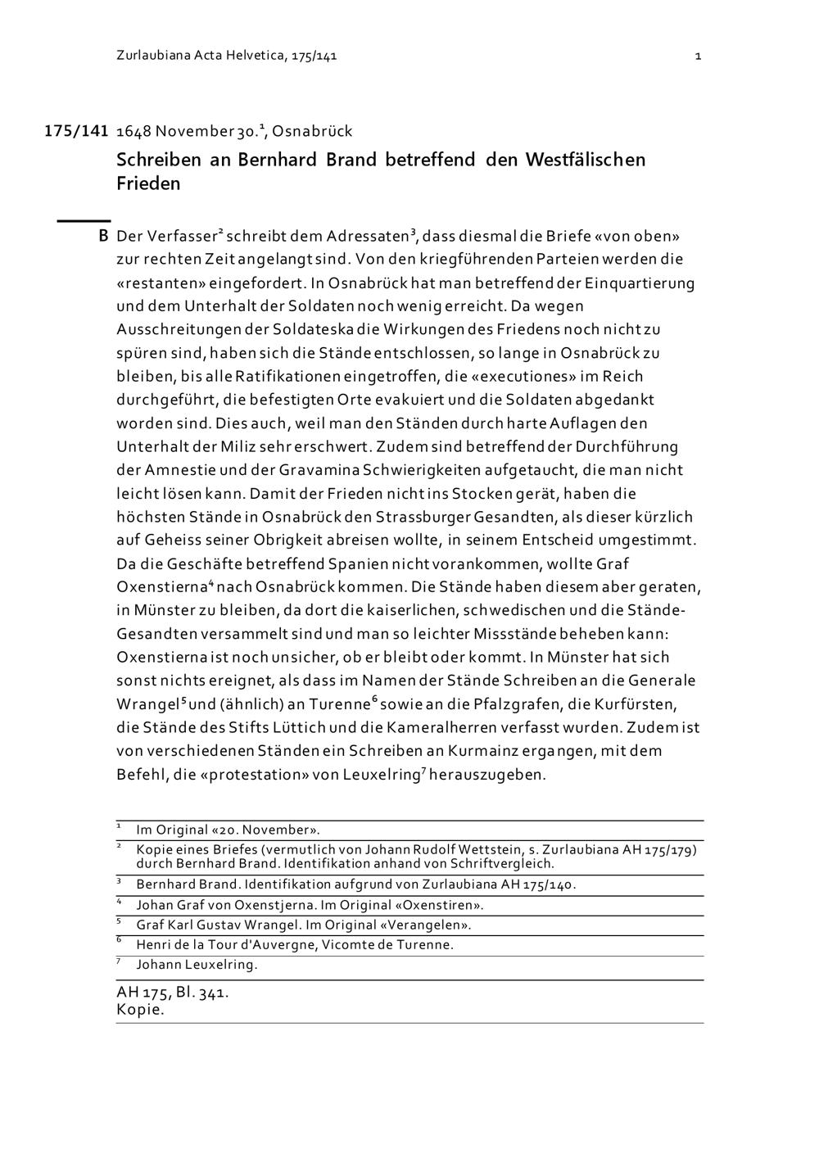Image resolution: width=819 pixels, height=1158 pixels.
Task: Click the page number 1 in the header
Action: [x=698, y=57]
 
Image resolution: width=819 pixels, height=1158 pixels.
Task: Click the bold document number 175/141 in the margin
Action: [x=76, y=131]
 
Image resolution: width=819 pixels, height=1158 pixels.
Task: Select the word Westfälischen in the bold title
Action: [x=585, y=159]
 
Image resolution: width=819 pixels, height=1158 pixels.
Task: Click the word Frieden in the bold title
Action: [x=148, y=183]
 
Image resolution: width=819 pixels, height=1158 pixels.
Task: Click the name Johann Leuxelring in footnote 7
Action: [x=197, y=965]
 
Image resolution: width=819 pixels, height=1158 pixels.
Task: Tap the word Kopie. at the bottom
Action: [x=140, y=1010]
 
